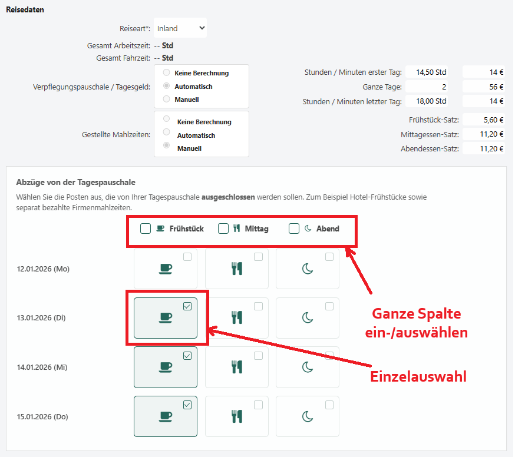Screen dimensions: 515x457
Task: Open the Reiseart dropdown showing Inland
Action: pyautogui.click(x=180, y=28)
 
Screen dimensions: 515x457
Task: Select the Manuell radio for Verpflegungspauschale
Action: pyautogui.click(x=167, y=99)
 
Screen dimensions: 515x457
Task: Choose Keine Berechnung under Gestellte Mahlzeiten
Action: pyautogui.click(x=167, y=118)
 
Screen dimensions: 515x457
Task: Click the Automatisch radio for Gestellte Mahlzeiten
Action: pyautogui.click(x=167, y=132)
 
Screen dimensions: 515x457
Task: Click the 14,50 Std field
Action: pyautogui.click(x=427, y=72)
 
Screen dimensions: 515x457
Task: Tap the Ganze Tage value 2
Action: pyautogui.click(x=427, y=87)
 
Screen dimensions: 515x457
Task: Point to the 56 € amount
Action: pyautogui.click(x=483, y=87)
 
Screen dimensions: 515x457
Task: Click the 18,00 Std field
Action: pyautogui.click(x=427, y=101)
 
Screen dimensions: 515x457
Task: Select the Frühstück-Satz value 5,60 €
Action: pyautogui.click(x=483, y=120)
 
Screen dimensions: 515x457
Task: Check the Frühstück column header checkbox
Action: pyautogui.click(x=146, y=228)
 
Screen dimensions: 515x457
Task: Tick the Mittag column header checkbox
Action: pyautogui.click(x=223, y=228)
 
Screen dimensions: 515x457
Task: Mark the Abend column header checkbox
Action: pyautogui.click(x=294, y=228)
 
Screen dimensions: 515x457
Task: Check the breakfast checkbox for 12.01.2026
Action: pyautogui.click(x=187, y=257)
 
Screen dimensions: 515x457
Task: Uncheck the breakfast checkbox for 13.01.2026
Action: pyautogui.click(x=187, y=306)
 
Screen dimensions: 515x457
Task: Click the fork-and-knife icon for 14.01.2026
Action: pyautogui.click(x=237, y=367)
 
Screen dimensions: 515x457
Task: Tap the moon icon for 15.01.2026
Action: pyautogui.click(x=308, y=416)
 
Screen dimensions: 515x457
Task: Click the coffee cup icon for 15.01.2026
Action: pyautogui.click(x=166, y=416)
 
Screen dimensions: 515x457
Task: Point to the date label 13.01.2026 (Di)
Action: pyautogui.click(x=41, y=318)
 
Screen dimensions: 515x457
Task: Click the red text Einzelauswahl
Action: pyautogui.click(x=418, y=376)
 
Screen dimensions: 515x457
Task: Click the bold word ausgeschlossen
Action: pyautogui.click(x=228, y=197)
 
